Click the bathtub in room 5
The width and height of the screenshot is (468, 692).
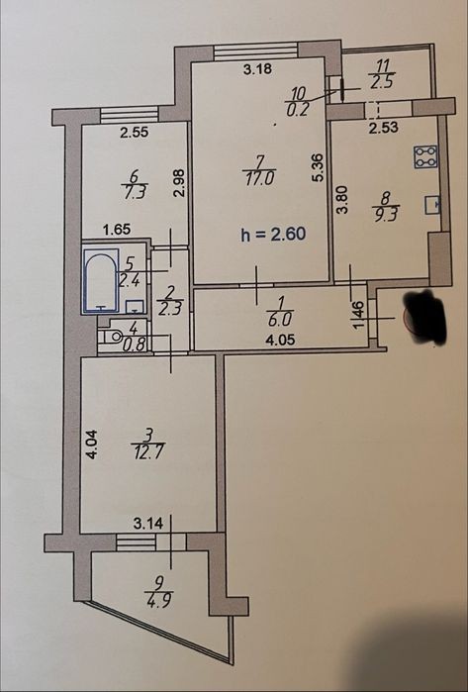[101, 280]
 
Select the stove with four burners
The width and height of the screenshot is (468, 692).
[425, 156]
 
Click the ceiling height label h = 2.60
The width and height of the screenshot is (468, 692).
[273, 234]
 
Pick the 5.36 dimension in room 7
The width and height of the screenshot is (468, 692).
[320, 167]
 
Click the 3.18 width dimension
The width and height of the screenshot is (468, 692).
[257, 69]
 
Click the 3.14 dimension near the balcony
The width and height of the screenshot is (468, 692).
[148, 524]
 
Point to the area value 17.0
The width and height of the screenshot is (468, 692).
[260, 179]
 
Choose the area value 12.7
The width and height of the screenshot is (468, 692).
[147, 452]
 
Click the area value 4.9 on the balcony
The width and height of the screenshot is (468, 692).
[158, 600]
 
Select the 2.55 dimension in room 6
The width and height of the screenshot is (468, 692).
[135, 133]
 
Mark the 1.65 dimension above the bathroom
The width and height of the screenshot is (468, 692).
[117, 230]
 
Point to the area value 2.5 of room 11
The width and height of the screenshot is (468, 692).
[382, 82]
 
